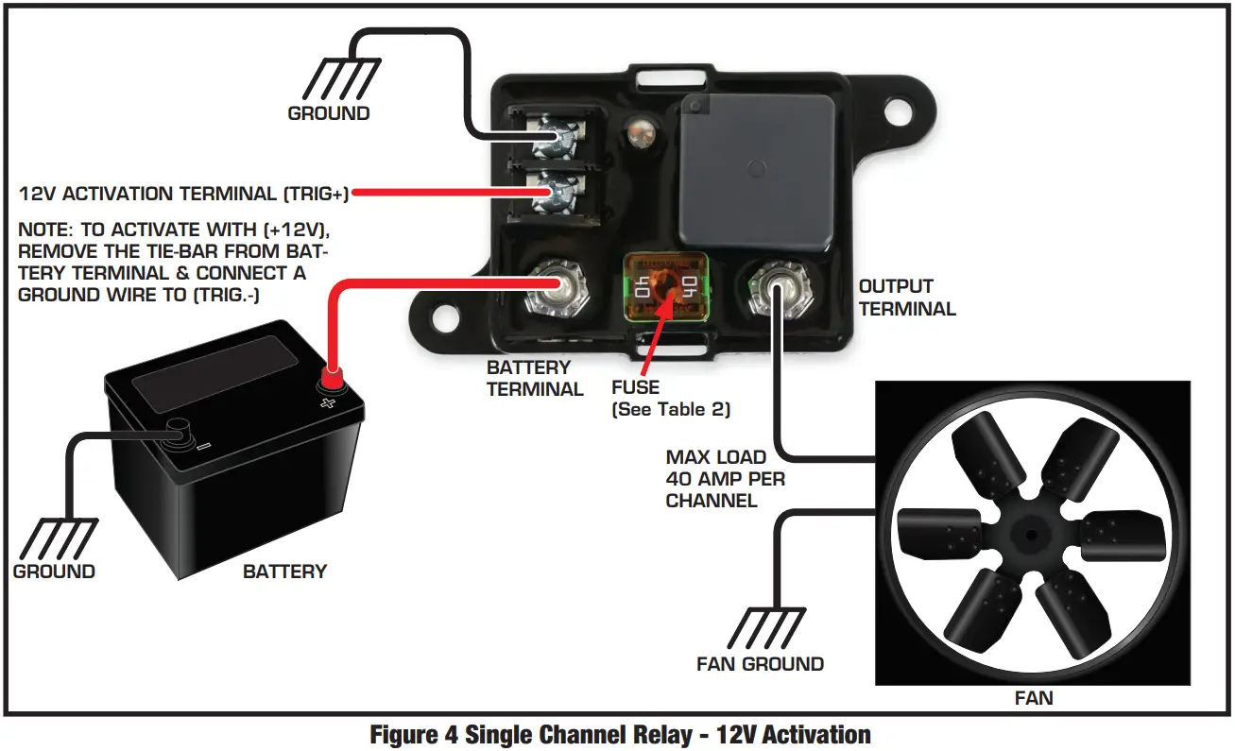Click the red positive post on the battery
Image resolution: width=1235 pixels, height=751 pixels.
[332, 379]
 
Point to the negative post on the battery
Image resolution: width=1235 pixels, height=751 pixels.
[176, 431]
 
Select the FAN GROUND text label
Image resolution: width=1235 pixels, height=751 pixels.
[760, 664]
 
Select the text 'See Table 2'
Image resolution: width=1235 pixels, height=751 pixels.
[670, 409]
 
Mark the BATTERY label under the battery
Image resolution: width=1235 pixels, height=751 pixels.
[284, 572]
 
